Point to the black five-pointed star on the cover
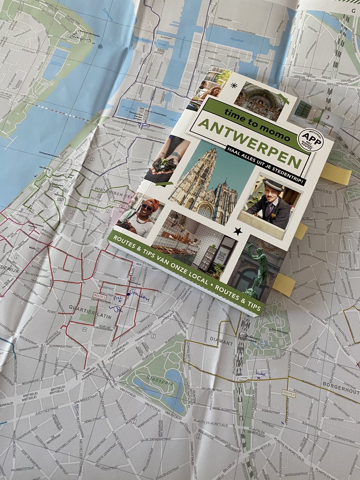(x=238, y=231)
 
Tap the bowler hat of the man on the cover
(x=274, y=184)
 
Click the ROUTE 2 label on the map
(x=100, y=295)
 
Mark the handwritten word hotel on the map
(x=260, y=373)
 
